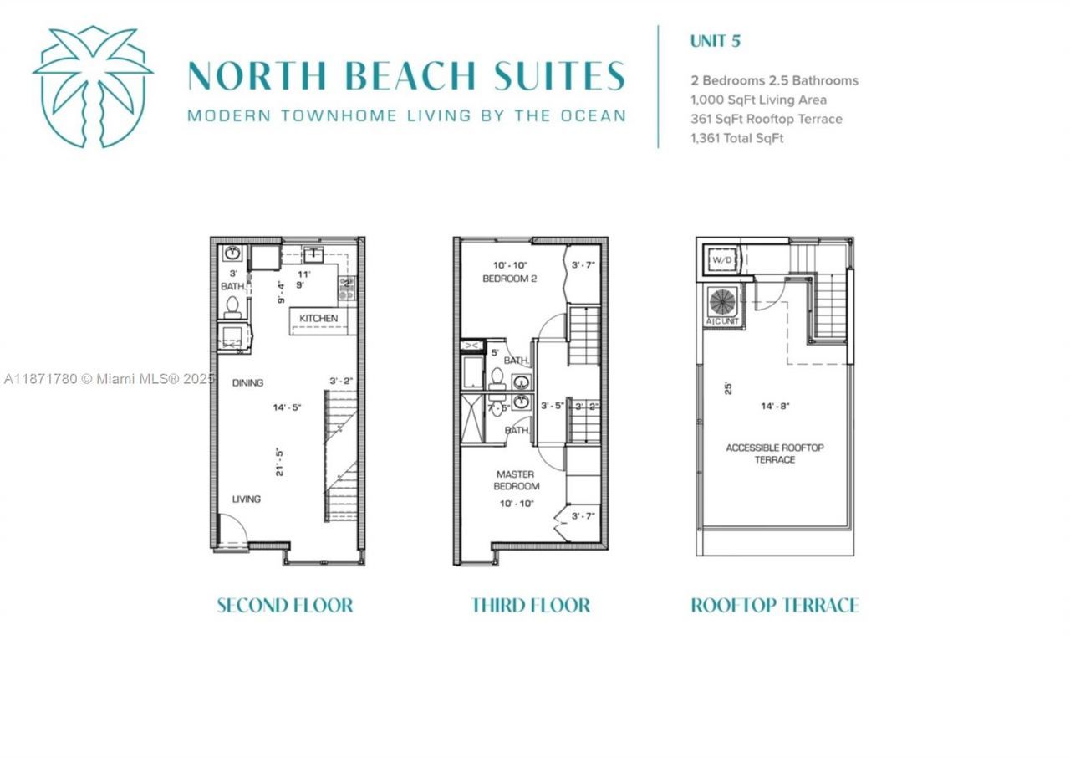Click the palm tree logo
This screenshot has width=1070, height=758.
pos(93,86)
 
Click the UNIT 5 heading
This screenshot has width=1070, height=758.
pos(715,40)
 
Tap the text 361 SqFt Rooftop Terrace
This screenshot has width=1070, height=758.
pos(766,119)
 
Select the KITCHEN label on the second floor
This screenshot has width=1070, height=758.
pos(318,319)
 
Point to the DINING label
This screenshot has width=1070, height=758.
pos(247,382)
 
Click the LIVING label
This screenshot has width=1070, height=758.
pos(246,499)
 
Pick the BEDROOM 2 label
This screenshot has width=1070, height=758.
pos(509,279)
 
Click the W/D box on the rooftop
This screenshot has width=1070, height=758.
pos(721,260)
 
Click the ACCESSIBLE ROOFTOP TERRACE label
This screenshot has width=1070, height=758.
pos(774,453)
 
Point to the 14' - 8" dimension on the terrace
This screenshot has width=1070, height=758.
pos(774,407)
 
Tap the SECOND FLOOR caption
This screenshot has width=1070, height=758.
pos(284,605)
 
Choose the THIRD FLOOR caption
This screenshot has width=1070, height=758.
pos(531,605)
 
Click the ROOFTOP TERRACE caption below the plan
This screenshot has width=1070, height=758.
pos(774,605)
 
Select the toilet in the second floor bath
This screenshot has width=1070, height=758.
pos(232,307)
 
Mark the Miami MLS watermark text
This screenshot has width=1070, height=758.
pos(109,379)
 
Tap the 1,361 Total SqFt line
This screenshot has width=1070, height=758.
pos(736,138)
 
